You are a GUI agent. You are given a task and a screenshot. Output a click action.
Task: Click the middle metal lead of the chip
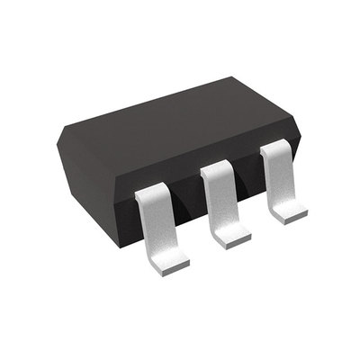tap(220, 202)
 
